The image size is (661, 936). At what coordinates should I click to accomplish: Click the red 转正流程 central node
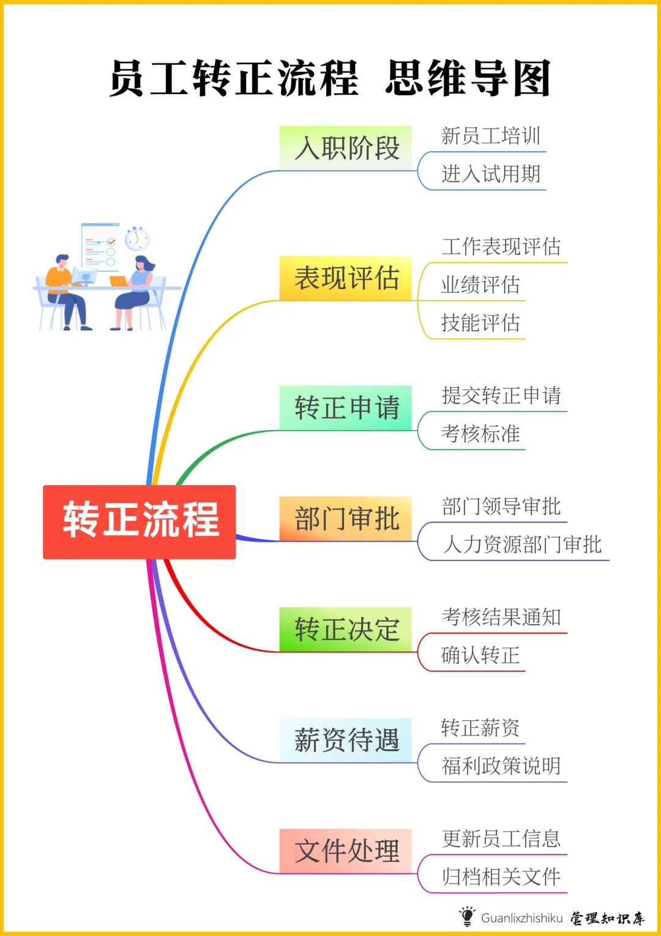coord(140,521)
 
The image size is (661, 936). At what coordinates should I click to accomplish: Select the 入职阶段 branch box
coord(346,148)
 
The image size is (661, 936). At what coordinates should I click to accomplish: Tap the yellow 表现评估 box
coord(346,278)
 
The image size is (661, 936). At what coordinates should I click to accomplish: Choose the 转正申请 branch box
coord(346,408)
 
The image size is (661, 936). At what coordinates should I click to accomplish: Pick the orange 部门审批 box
coord(346,519)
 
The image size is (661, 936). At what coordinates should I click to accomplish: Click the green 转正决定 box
coord(346,629)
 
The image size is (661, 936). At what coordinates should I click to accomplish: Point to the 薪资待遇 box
coord(346,740)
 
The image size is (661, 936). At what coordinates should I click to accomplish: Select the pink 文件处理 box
coord(346,851)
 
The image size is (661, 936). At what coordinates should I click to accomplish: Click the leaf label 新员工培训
coord(491,136)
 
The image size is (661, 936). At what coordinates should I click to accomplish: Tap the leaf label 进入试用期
coord(491,174)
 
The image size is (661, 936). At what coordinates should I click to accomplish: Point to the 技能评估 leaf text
coord(480,323)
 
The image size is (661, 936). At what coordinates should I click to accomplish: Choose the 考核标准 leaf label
coord(480,434)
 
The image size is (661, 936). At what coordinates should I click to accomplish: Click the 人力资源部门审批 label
coord(521,544)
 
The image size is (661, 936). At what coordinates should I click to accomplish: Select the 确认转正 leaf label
coord(480,655)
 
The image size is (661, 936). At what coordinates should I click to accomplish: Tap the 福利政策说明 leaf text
coord(501,766)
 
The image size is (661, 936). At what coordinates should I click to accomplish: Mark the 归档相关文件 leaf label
coord(501,877)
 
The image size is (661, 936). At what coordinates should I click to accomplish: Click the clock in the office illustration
coord(136,238)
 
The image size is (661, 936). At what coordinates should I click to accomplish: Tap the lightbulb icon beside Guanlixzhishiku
coord(467,916)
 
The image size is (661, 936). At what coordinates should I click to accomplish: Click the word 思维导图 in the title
coord(468,78)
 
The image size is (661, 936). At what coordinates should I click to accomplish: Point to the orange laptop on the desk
coord(119,281)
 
